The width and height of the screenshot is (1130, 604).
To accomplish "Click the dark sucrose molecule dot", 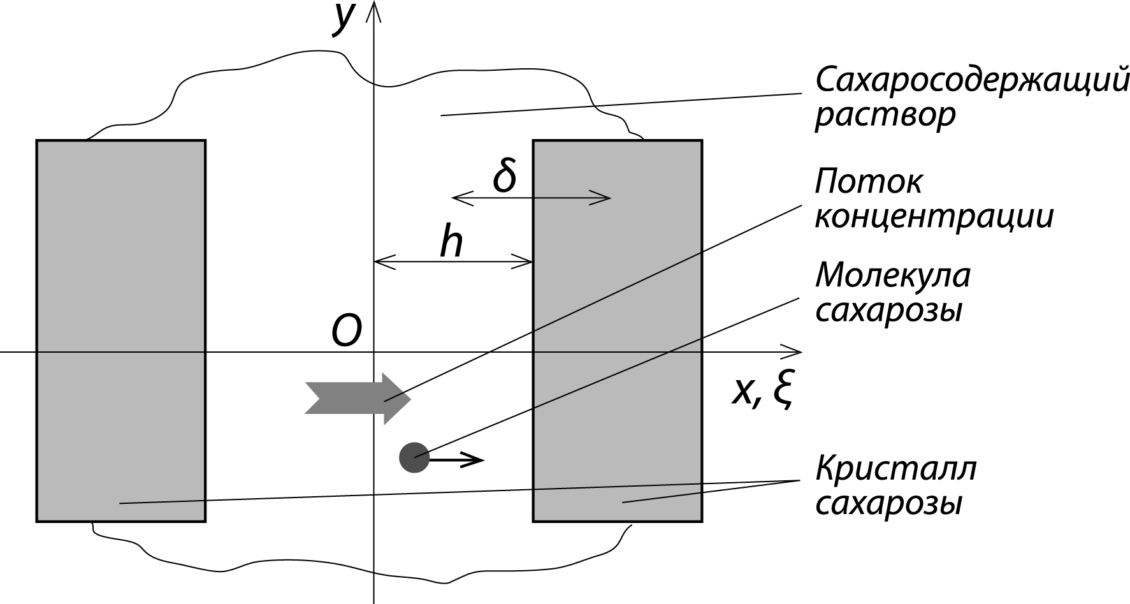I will point(414,457).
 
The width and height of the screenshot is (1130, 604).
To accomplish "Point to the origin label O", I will point(346,332).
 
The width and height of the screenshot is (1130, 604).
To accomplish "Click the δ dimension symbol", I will point(504,176).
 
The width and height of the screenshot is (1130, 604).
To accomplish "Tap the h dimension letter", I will point(451,243).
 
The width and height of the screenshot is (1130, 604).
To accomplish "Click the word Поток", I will point(868,182).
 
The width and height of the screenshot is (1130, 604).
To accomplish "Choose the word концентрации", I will point(934,217).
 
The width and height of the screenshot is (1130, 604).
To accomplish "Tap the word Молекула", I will point(892,276).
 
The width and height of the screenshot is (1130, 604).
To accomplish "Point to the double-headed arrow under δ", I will point(531,199).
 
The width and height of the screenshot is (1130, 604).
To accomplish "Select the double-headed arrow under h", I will point(453,261).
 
